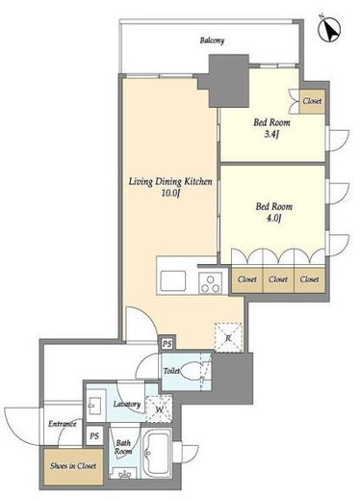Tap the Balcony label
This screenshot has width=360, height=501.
(212, 40)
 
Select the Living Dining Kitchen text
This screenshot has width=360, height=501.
(170, 181)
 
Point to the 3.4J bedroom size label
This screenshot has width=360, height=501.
(271, 134)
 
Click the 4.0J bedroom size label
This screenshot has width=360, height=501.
(273, 219)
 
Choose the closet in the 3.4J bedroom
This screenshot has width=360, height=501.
(313, 101)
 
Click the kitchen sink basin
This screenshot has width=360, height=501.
(173, 281)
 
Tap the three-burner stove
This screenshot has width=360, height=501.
(211, 282)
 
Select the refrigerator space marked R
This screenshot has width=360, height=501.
(228, 337)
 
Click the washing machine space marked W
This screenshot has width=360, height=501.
(159, 409)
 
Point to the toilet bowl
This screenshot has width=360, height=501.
(192, 372)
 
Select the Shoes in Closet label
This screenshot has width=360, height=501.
(73, 465)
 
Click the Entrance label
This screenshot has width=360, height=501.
(63, 424)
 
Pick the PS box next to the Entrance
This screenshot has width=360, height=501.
(94, 435)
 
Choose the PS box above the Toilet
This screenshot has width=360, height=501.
(167, 344)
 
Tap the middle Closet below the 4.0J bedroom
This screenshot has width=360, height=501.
(278, 279)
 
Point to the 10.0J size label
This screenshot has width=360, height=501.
(170, 194)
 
